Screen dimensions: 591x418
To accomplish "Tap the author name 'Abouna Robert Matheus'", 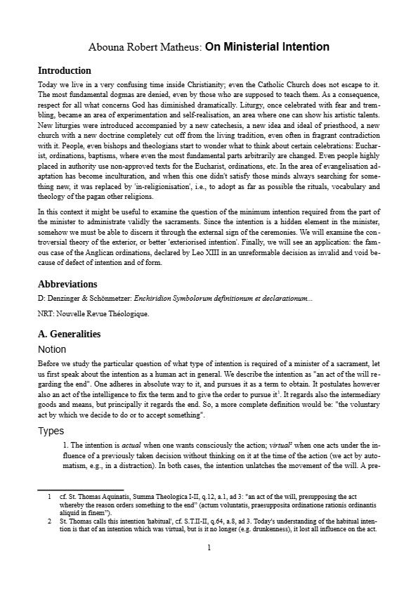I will point(145,47).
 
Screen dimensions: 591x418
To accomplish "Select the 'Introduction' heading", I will point(64,71).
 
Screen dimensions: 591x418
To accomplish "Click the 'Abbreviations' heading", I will point(67,285).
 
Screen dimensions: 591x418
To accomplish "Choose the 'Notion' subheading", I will point(52,349).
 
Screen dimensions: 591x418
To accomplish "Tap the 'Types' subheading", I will point(51,431).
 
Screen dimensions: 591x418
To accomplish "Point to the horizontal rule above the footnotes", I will point(80,489).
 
